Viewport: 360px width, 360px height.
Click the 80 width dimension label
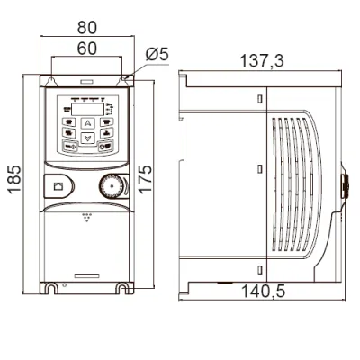[87, 27]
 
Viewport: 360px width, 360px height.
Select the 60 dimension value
[87, 49]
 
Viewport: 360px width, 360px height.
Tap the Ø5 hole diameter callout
[157, 55]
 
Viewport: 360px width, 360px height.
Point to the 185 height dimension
[14, 179]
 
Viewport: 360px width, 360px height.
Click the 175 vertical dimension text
[145, 179]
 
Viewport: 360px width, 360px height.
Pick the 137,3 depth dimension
[262, 61]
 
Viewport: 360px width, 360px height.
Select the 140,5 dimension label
[263, 292]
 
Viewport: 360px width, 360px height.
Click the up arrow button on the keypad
[87, 123]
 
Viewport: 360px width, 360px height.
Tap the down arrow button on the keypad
[87, 139]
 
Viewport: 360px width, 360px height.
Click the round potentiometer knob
[111, 186]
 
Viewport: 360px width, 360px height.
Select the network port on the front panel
[58, 186]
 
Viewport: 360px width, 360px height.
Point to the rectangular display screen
[87, 110]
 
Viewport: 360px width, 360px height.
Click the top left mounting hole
[51, 81]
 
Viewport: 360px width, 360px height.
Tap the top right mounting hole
[122, 81]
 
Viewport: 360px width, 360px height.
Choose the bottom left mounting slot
[51, 289]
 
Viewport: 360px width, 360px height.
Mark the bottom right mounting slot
[122, 289]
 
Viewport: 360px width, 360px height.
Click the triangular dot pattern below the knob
[87, 218]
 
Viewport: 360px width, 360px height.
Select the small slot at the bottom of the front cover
[86, 275]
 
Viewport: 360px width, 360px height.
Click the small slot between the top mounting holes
[87, 81]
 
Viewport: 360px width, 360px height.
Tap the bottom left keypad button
[69, 147]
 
